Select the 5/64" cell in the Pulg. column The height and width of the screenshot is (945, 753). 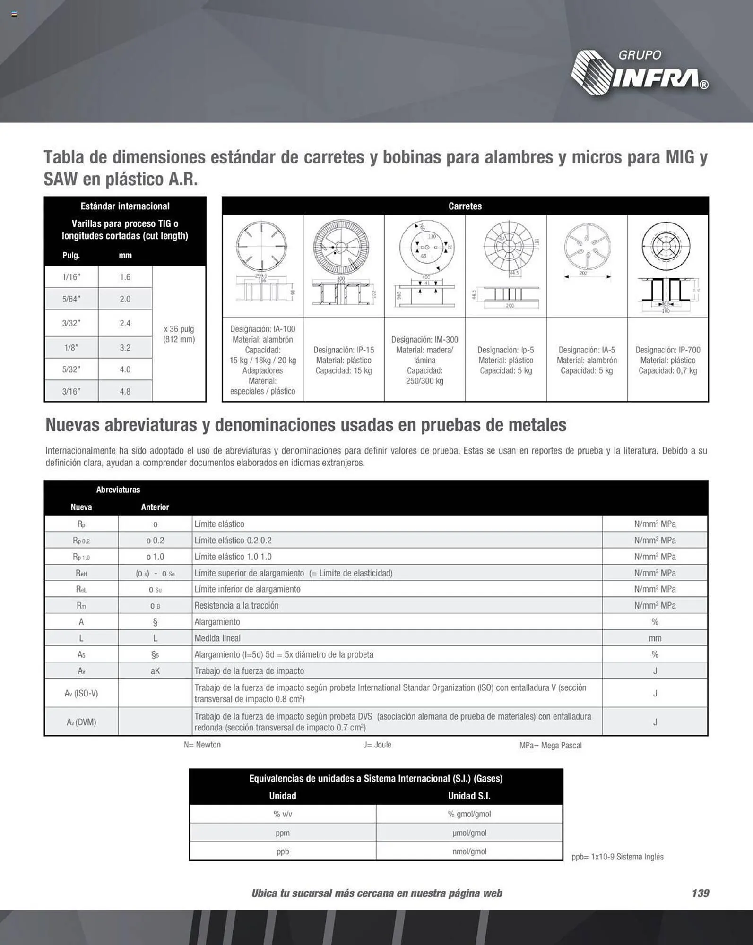[x=71, y=299]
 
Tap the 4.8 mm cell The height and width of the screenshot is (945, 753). [x=125, y=391]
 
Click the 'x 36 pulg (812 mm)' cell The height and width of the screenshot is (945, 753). [x=179, y=334]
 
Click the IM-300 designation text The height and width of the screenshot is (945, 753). [x=424, y=360]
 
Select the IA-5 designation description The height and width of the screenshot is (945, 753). [x=587, y=360]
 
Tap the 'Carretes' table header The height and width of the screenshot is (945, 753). [x=465, y=206]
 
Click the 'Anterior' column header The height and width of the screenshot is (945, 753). [x=155, y=507]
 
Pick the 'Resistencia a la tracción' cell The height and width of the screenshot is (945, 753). [x=236, y=605]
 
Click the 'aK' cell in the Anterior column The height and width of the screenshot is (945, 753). [x=155, y=670]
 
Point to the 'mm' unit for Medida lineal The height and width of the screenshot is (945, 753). [x=655, y=638]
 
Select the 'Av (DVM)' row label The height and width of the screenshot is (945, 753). [x=81, y=722]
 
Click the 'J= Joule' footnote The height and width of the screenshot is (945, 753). [x=377, y=745]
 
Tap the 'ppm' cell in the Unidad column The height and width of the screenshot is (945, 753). [x=283, y=833]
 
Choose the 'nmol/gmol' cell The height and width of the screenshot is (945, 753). [x=469, y=851]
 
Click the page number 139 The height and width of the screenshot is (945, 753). [x=700, y=893]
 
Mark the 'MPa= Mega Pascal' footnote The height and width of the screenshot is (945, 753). [x=550, y=745]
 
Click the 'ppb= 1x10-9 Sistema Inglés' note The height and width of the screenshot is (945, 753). [x=617, y=857]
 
